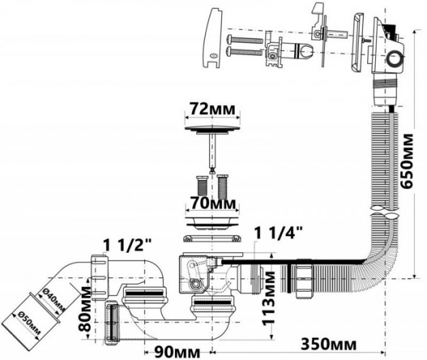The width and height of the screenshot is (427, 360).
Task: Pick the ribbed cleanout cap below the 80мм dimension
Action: coord(112,320)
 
